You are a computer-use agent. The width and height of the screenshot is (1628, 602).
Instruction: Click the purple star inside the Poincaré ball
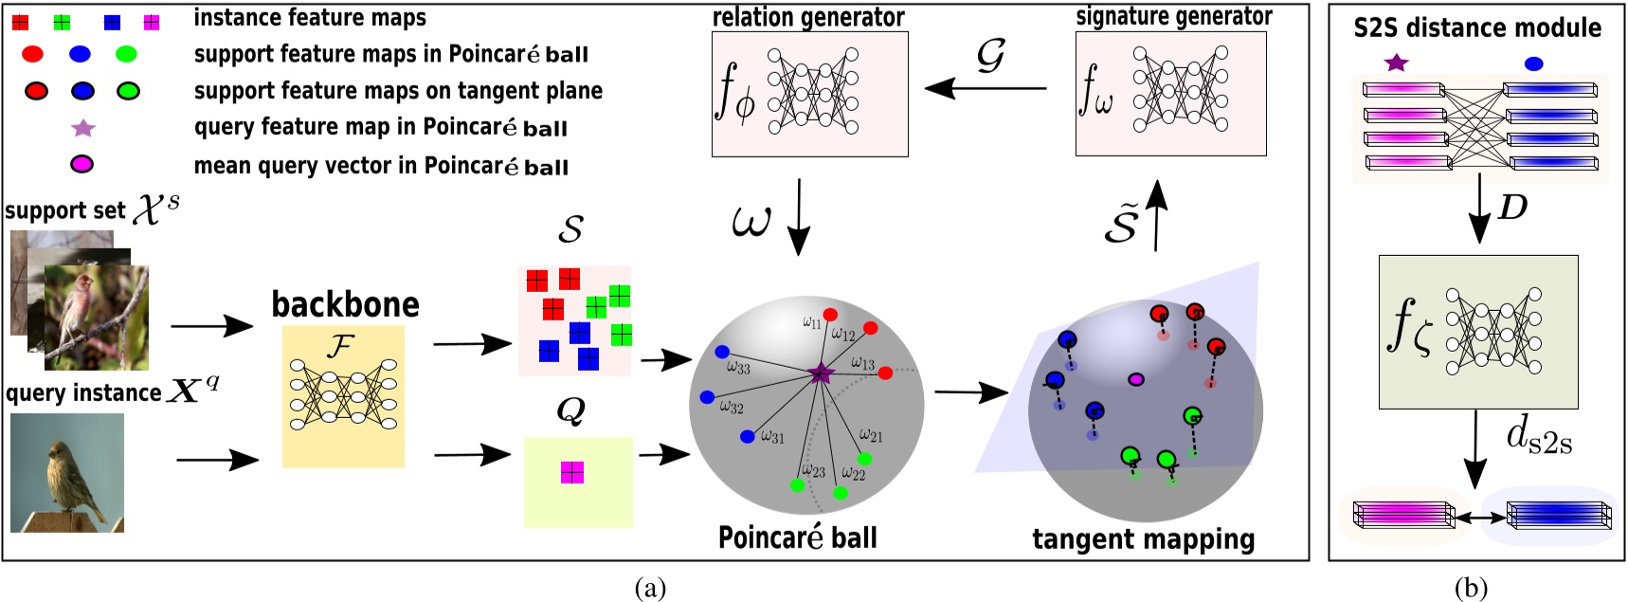click(x=820, y=374)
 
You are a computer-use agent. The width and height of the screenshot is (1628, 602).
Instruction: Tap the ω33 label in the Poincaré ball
click(x=738, y=367)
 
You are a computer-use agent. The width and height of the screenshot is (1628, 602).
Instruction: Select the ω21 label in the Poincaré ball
click(x=871, y=435)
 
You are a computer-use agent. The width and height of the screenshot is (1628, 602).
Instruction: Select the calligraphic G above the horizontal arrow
click(x=990, y=57)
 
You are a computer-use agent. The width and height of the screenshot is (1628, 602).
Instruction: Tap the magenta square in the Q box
click(x=571, y=472)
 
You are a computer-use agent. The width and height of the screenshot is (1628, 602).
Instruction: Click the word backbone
click(x=345, y=304)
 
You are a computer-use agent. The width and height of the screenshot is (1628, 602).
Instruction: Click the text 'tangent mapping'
click(x=1143, y=539)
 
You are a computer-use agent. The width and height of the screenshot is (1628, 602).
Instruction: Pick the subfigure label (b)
click(x=1470, y=589)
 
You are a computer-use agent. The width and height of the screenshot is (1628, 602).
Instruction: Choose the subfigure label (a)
click(x=650, y=589)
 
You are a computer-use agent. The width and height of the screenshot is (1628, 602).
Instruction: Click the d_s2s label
click(x=1538, y=436)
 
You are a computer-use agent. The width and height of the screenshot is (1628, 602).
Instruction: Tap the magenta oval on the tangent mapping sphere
click(x=1135, y=379)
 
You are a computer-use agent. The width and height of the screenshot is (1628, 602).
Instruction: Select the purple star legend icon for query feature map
click(x=83, y=127)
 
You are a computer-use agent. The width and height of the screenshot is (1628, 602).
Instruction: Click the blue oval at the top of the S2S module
click(x=1534, y=64)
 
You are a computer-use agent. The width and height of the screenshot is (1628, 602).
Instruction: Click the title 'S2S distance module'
click(x=1476, y=27)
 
